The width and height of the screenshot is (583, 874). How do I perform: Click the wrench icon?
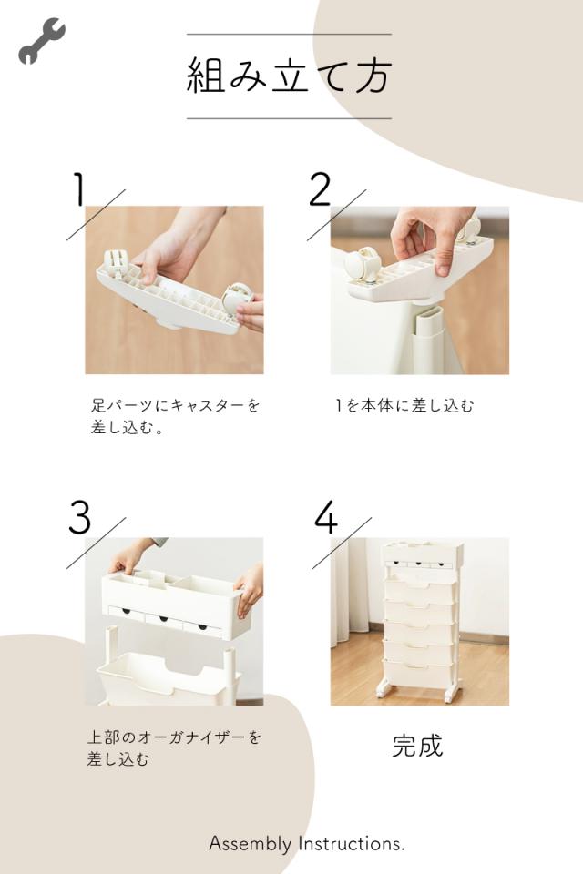41,41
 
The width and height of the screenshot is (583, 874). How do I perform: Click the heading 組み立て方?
289,76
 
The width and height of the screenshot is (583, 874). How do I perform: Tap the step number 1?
79,189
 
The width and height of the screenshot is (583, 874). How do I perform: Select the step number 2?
321,189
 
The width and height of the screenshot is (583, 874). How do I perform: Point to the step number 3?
80,517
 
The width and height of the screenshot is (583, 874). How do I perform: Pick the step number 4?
326,517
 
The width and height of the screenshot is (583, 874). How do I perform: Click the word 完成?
417,746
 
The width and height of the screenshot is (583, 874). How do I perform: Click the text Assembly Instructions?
307,844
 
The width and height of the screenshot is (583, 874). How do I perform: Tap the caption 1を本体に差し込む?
404,405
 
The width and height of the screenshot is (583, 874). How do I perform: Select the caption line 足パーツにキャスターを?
175,405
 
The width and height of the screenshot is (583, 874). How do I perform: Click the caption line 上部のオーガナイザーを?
174,737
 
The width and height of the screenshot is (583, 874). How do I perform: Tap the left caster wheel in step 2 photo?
360,265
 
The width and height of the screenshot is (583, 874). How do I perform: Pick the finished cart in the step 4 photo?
421,619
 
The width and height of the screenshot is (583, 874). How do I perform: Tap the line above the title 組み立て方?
289,34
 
